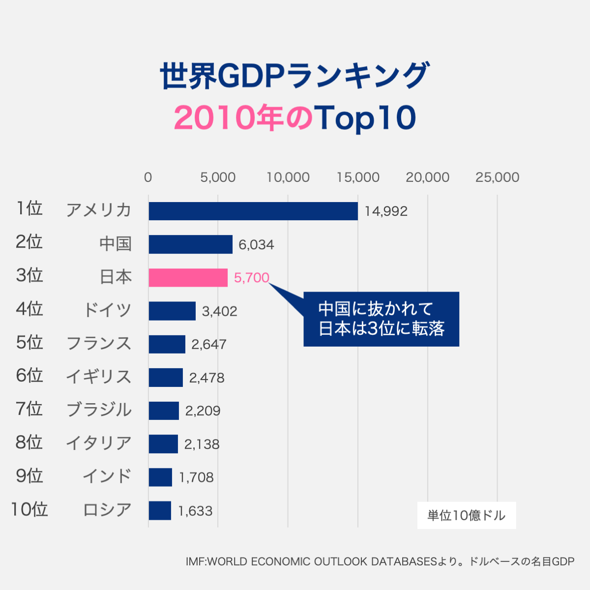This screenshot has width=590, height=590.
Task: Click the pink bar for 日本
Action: click(x=188, y=278)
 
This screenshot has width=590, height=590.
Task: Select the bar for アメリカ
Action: click(x=253, y=211)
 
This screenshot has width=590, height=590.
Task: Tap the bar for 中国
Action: click(x=191, y=244)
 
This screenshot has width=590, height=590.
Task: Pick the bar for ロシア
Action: click(x=160, y=510)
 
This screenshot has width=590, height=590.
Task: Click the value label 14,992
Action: click(x=386, y=211)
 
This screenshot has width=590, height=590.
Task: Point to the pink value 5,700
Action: click(x=251, y=278)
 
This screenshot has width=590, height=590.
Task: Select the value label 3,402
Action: click(x=219, y=311)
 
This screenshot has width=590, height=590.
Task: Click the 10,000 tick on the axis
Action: click(x=288, y=177)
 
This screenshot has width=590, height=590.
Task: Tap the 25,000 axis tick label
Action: click(x=497, y=177)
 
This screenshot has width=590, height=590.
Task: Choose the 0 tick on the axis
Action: click(x=148, y=177)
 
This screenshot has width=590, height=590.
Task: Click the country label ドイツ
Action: click(x=107, y=310)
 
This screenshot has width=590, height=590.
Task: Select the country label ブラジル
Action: click(x=99, y=410)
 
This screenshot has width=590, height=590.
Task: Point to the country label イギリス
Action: click(x=99, y=377)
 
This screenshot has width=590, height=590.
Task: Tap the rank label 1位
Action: click(x=29, y=208)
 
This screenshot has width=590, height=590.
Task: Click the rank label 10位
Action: click(x=29, y=509)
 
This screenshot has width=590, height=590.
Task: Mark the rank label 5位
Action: click(x=29, y=342)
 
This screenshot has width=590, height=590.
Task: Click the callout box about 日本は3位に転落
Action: click(x=381, y=319)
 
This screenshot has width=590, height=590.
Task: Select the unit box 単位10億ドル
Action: click(x=466, y=515)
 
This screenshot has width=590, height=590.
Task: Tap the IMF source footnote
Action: click(x=380, y=561)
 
